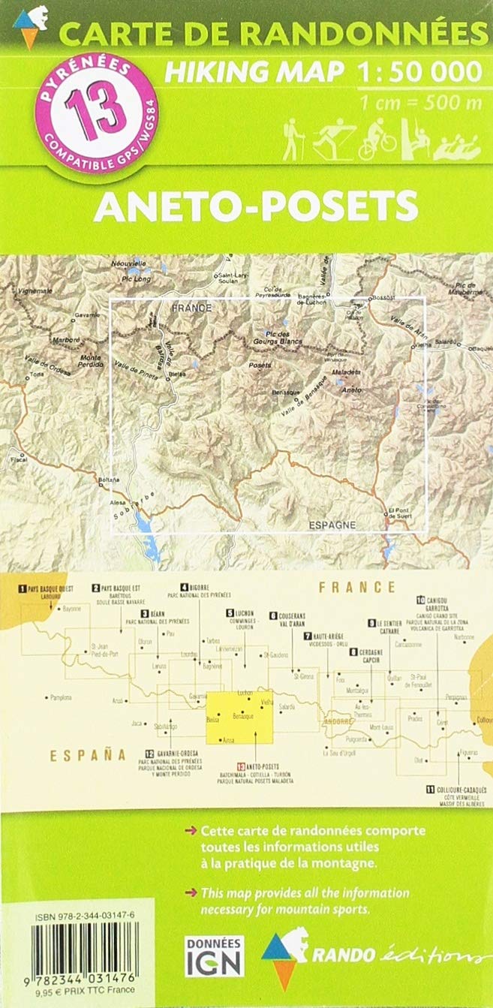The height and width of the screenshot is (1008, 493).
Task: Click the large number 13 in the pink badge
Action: click(x=89, y=107)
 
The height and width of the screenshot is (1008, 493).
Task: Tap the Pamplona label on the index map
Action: click(x=60, y=697)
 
